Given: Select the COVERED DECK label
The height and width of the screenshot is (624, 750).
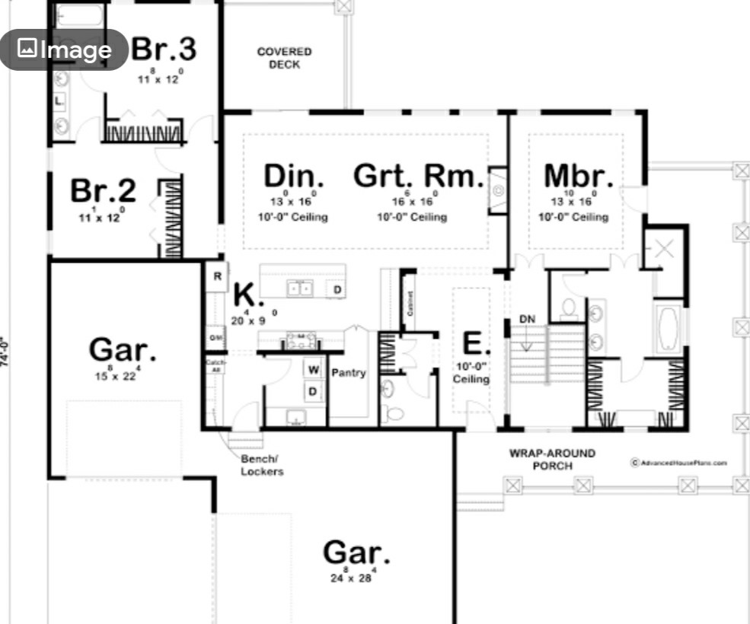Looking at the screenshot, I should pyautogui.click(x=284, y=58).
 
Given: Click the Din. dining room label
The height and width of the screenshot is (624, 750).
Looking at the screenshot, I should pyautogui.click(x=293, y=176).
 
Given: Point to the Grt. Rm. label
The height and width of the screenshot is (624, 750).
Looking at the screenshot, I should pyautogui.click(x=418, y=176).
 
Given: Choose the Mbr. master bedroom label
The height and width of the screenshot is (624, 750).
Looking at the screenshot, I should pyautogui.click(x=578, y=176).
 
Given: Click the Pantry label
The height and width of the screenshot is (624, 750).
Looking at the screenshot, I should pyautogui.click(x=348, y=373).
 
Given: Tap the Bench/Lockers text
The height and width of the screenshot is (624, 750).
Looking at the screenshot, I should pyautogui.click(x=262, y=466).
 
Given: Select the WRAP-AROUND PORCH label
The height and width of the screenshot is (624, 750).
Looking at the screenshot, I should pyautogui.click(x=552, y=459).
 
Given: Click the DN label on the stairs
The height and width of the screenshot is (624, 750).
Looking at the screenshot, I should pyautogui.click(x=528, y=319).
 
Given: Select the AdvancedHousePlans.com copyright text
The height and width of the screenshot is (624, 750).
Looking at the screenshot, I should pyautogui.click(x=678, y=462).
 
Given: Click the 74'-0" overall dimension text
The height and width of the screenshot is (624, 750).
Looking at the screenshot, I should pyautogui.click(x=5, y=352).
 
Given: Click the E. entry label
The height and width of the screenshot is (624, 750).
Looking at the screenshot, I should pyautogui.click(x=472, y=344).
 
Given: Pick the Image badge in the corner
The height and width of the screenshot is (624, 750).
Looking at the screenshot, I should pyautogui.click(x=64, y=50).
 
